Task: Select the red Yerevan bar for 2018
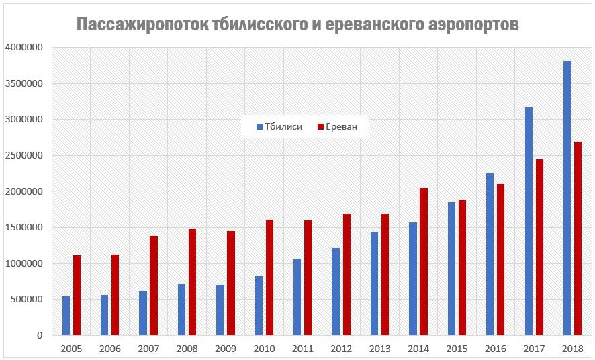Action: coord(578,238)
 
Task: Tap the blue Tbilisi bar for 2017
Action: coord(529,221)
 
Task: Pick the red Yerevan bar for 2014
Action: coord(424,261)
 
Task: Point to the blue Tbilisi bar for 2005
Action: coord(66,316)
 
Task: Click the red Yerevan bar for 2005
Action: coord(77,295)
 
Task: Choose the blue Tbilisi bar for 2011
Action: coord(297,297)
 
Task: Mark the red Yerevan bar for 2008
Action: coord(192,282)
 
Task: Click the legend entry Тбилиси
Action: coord(279,126)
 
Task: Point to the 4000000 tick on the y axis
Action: coord(24,48)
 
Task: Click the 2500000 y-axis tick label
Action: coord(24,156)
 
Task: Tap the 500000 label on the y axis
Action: coord(26,299)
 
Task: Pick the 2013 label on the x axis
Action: coord(379,349)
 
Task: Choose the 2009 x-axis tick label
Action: coord(225,349)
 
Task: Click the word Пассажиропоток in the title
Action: coord(142,25)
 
